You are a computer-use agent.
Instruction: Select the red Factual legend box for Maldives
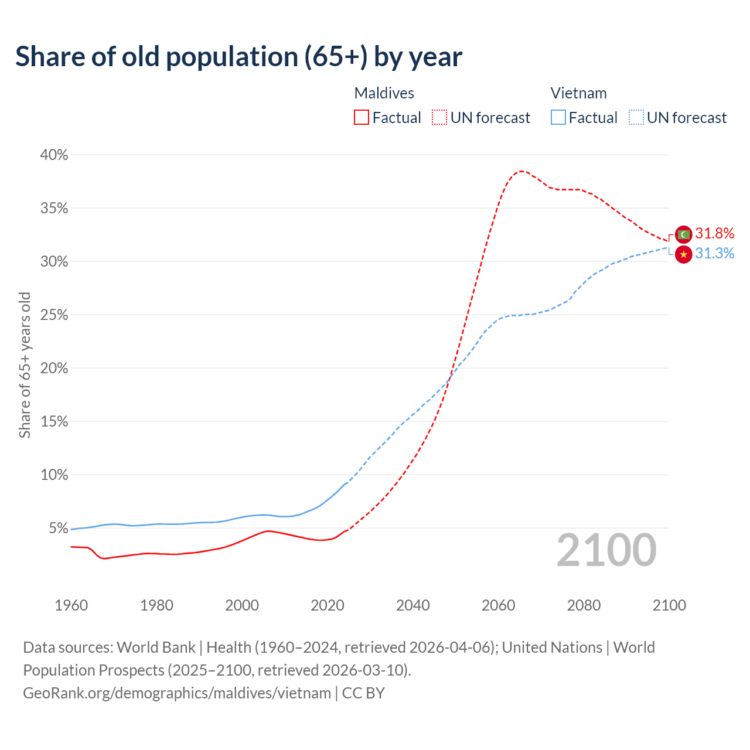coord(362,118)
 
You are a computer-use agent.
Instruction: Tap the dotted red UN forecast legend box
coord(439,118)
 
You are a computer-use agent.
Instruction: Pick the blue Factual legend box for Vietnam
coord(558,118)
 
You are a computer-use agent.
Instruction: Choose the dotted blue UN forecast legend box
coord(636,118)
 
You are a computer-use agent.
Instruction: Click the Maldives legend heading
coord(384,93)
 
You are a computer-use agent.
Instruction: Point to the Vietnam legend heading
coord(578,93)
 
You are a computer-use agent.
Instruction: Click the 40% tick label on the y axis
coord(54,155)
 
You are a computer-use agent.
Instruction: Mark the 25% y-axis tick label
coord(54,315)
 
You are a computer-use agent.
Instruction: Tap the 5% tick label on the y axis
coord(58,528)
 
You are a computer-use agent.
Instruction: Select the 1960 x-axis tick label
coord(71,605)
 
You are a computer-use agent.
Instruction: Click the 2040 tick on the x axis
coord(412,605)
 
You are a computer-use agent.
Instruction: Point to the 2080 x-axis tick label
coord(584,605)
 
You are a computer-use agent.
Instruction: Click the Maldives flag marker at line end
coord(683,234)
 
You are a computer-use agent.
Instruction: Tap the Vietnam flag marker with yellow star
coord(683,254)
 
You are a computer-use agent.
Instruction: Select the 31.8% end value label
coord(714,233)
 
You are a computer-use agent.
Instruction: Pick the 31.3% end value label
coord(714,253)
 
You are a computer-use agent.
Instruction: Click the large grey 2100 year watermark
coord(606,550)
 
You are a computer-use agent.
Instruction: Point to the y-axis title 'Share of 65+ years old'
coord(25,365)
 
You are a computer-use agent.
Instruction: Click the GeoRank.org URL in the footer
coord(177,693)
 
